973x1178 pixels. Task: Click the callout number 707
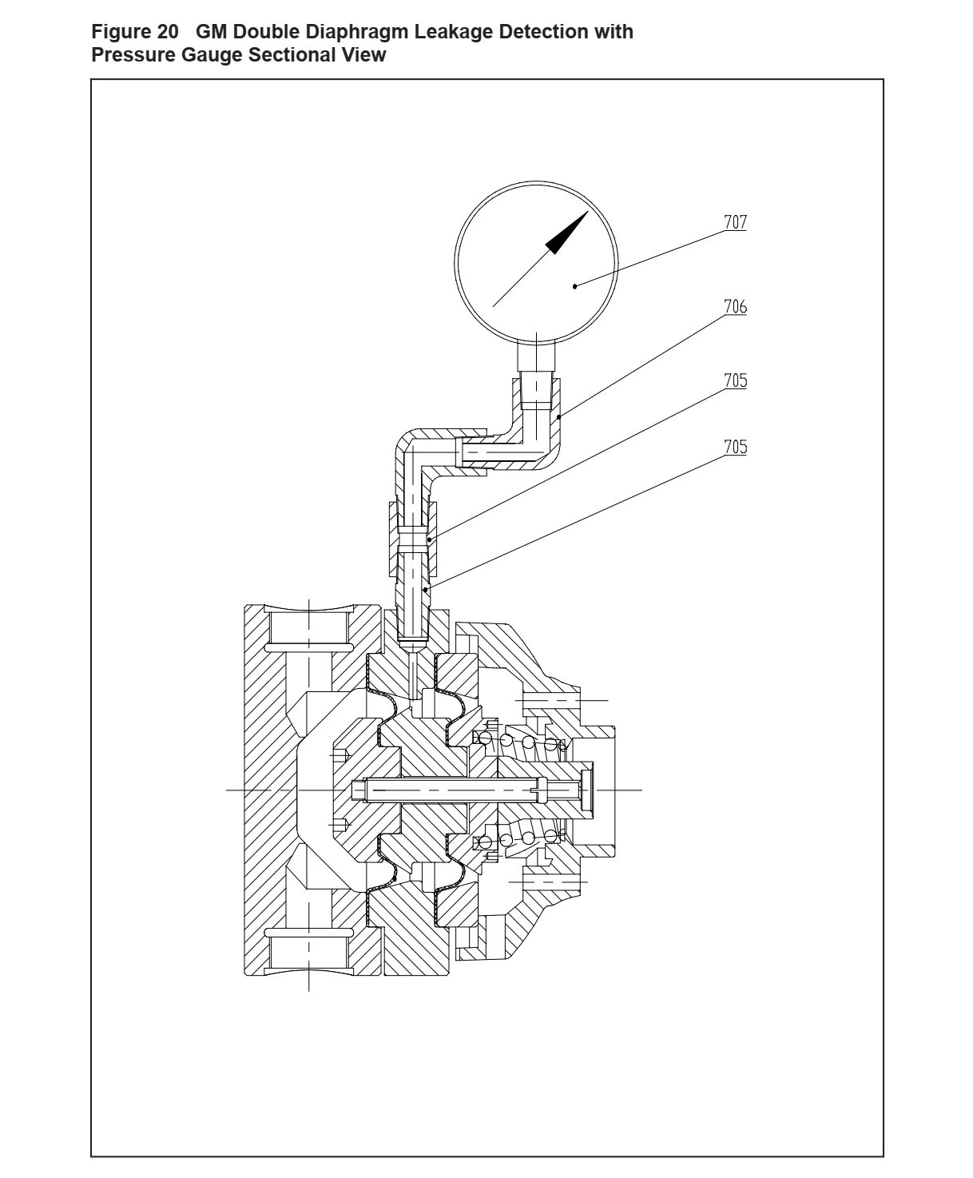point(735,221)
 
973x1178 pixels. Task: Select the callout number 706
point(735,306)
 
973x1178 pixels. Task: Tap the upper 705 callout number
point(735,380)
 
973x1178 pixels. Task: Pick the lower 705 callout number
point(735,447)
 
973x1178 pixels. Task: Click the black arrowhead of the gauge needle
point(566,233)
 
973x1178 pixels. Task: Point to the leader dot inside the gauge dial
point(575,287)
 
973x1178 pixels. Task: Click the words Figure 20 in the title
point(135,32)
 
